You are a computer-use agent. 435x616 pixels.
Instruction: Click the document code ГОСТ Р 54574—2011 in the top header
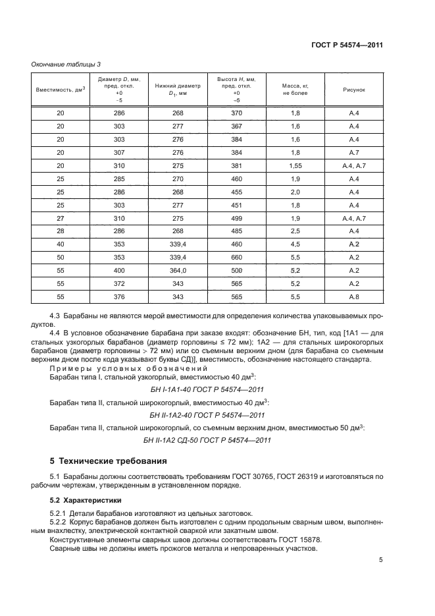tap(347, 45)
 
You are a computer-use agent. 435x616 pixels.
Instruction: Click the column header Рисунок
tap(353, 90)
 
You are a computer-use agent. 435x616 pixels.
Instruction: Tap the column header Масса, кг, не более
tap(295, 90)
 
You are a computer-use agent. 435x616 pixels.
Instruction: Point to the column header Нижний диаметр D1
tap(178, 90)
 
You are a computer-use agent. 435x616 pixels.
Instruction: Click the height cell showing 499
tap(236, 217)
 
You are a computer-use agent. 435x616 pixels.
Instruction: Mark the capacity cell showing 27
tap(61, 217)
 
